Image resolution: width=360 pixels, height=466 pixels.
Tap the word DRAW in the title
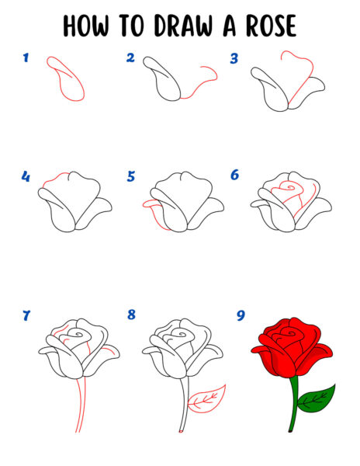click(x=183, y=26)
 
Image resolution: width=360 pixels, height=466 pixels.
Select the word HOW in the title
click(x=86, y=26)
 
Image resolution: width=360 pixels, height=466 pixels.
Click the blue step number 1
click(x=26, y=57)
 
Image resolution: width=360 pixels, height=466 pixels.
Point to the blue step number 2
click(x=130, y=57)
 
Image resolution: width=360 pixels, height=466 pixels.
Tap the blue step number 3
click(x=234, y=58)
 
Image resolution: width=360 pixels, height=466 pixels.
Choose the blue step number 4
click(x=26, y=176)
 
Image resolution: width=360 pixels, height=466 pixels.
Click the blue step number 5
click(x=131, y=176)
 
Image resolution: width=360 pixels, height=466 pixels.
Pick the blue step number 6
click(x=235, y=175)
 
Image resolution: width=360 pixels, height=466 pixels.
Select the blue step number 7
click(x=26, y=315)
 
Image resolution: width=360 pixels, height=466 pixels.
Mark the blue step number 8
click(x=131, y=315)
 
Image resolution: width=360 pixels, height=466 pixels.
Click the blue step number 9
click(x=241, y=315)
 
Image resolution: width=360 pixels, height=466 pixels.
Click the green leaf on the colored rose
click(x=317, y=400)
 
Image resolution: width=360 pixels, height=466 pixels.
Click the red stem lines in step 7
click(x=80, y=404)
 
